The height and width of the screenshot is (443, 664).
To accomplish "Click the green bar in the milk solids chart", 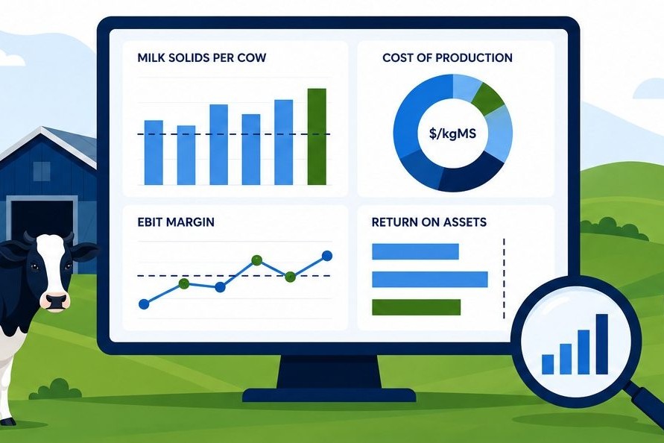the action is (x=317, y=136).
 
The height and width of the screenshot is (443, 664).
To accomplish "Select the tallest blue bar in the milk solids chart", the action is (x=284, y=142).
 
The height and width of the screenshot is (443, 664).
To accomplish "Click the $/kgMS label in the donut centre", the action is (x=452, y=133).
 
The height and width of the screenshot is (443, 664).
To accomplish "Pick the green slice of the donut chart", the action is (x=487, y=99).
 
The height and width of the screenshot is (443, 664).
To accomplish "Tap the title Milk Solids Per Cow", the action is (x=201, y=57).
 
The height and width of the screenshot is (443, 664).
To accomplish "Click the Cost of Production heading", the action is (x=447, y=57).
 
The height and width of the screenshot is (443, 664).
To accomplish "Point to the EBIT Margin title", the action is (x=176, y=222).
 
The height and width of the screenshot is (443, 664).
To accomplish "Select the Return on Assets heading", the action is (x=429, y=222).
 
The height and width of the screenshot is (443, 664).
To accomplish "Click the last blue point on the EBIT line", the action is (x=327, y=256).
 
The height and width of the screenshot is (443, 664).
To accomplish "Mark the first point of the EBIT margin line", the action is (x=144, y=304).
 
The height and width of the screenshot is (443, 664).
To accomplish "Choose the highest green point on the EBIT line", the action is (x=256, y=260).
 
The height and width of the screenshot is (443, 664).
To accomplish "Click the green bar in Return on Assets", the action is (x=417, y=307).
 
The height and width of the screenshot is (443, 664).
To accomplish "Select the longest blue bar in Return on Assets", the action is (x=430, y=280).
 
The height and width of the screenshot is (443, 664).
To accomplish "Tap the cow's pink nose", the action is (x=57, y=301).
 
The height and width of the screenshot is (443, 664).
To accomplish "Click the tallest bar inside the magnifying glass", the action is (x=601, y=345).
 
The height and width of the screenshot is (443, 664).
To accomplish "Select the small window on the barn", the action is (x=42, y=172).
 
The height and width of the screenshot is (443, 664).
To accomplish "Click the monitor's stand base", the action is (x=329, y=395).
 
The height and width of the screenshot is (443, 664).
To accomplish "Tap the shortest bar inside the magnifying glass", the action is (x=548, y=365).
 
